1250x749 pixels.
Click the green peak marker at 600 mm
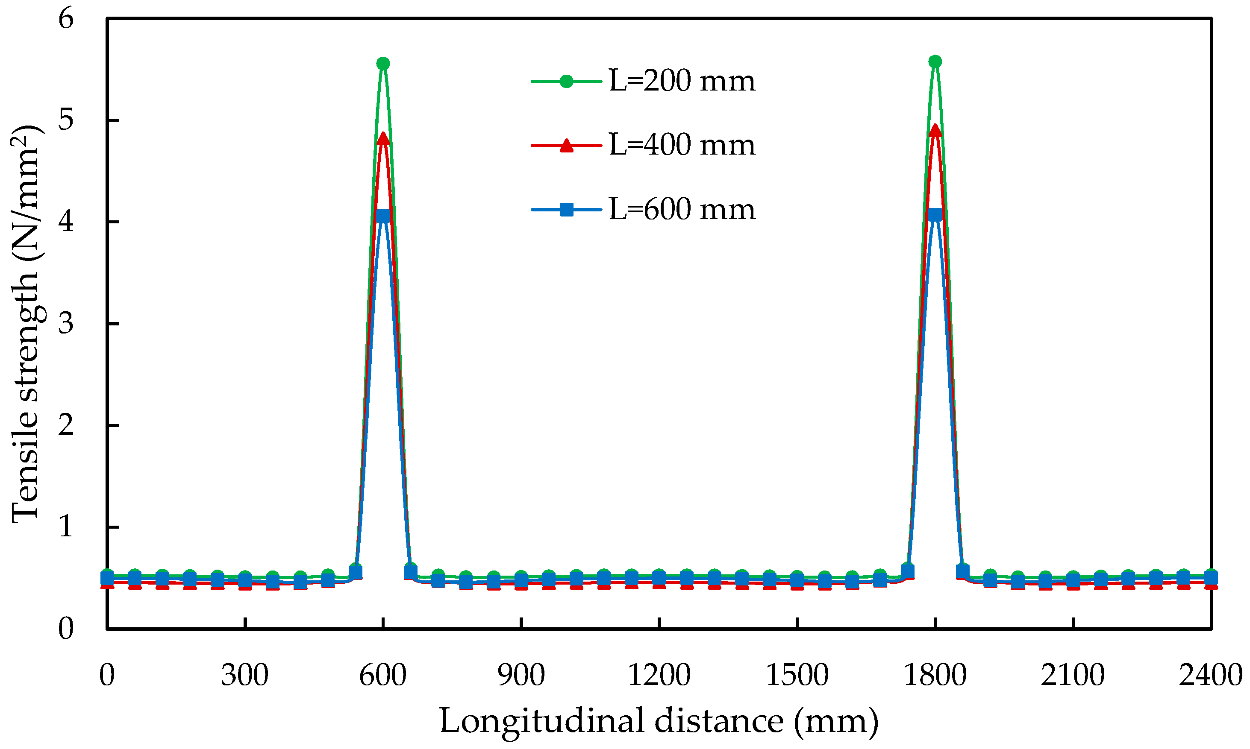pyautogui.click(x=383, y=64)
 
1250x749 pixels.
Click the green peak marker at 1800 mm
pyautogui.click(x=935, y=61)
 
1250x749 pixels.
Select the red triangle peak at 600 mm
pyautogui.click(x=383, y=138)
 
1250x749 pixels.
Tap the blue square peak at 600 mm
pyautogui.click(x=383, y=216)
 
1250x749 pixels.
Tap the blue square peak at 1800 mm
pyautogui.click(x=935, y=214)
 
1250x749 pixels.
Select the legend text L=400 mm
pyautogui.click(x=682, y=145)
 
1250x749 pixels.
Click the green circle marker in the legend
pyautogui.click(x=567, y=81)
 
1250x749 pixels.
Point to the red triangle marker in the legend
pyautogui.click(x=567, y=145)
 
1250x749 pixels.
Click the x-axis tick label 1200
pyautogui.click(x=659, y=675)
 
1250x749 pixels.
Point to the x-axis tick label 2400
pyautogui.click(x=1210, y=675)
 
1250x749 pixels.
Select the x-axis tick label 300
pyautogui.click(x=244, y=675)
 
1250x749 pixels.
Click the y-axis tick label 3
pyautogui.click(x=66, y=324)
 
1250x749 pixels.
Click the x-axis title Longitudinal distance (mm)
pyautogui.click(x=659, y=721)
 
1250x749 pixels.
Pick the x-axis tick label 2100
pyautogui.click(x=1072, y=675)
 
